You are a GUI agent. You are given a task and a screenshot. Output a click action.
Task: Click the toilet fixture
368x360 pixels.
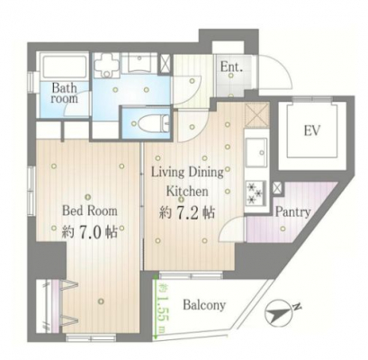pyautogui.click(x=152, y=123)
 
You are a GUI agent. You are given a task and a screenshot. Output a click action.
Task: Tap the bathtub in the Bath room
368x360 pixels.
pyautogui.click(x=65, y=67)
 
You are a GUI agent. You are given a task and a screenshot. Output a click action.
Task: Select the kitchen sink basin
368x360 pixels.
pyautogui.click(x=256, y=153)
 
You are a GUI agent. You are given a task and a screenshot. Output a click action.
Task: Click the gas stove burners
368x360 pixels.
pyautogui.click(x=256, y=193)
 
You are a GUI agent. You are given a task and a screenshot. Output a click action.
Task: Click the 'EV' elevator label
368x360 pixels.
pyautogui.click(x=312, y=131)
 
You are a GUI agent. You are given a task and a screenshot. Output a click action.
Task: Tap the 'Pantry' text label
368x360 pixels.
pyautogui.click(x=292, y=212)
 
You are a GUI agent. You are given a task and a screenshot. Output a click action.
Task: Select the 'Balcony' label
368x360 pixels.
pyautogui.click(x=204, y=306)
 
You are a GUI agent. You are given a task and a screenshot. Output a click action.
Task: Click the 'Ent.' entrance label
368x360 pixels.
pyautogui.click(x=231, y=67)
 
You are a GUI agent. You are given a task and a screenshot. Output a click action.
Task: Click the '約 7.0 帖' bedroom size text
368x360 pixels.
pyautogui.click(x=89, y=232)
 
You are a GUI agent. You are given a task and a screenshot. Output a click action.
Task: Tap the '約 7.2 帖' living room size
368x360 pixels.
pyautogui.click(x=186, y=212)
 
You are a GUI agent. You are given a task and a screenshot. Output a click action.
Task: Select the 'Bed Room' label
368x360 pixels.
pyautogui.click(x=89, y=211)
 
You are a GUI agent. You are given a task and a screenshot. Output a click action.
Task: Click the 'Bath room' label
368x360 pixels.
pyautogui.click(x=64, y=94)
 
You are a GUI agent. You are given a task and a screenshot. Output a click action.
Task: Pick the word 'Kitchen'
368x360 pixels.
pyautogui.click(x=187, y=191)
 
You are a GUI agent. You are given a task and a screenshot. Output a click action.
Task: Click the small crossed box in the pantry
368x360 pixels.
pyautogui.click(x=277, y=188)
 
